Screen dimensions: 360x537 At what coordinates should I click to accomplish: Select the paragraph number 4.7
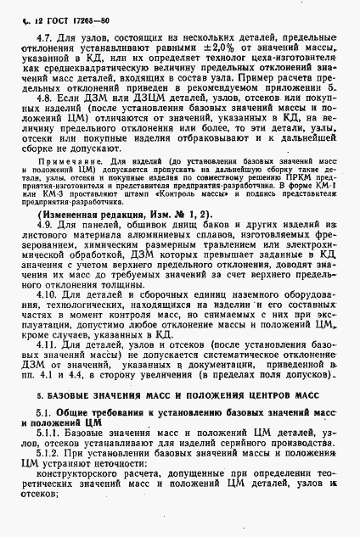tap(40, 36)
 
